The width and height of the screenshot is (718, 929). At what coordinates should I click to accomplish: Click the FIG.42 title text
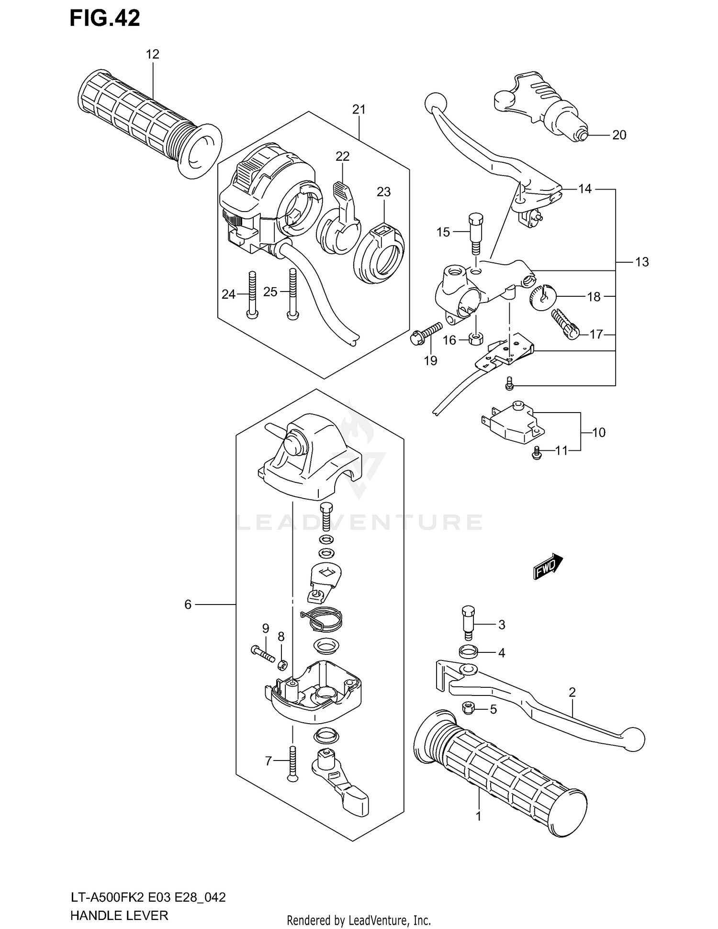click(105, 18)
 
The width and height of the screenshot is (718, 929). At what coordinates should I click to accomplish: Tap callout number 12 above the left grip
click(152, 55)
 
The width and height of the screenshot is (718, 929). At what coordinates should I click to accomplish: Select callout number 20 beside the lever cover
click(619, 135)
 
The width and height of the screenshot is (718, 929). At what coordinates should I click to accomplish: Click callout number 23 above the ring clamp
click(383, 192)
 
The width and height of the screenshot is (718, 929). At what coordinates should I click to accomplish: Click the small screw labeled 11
click(537, 452)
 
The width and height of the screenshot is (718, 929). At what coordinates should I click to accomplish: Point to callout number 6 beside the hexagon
click(188, 605)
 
